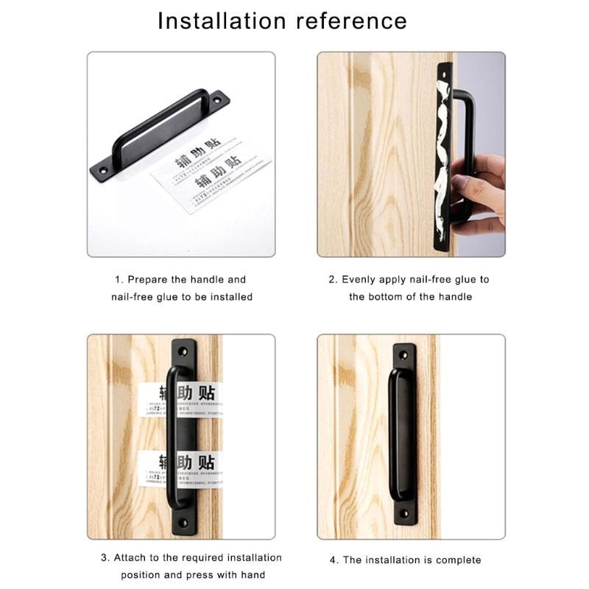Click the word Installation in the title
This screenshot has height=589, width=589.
point(222,21)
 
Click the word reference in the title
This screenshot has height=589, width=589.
point(351,21)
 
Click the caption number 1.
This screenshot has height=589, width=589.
point(117,280)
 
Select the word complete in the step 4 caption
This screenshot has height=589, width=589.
point(458,560)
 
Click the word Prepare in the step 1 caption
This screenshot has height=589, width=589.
point(147,280)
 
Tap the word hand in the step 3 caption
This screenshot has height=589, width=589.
point(253,575)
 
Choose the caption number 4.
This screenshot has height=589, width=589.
point(334,560)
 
